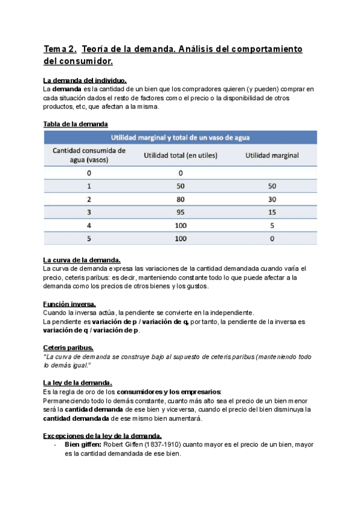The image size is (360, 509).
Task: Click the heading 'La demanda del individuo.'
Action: pyautogui.click(x=85, y=80)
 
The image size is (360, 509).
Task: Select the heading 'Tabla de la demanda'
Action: pyautogui.click(x=76, y=124)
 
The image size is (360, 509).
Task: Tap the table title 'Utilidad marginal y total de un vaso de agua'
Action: pyautogui.click(x=180, y=137)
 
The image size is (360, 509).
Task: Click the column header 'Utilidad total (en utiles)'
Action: pyautogui.click(x=180, y=155)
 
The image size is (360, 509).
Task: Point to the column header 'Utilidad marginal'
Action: pyautogui.click(x=272, y=155)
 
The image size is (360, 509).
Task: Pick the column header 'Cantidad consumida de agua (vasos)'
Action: pyautogui.click(x=88, y=155)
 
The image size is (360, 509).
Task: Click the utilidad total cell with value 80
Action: pyautogui.click(x=180, y=199)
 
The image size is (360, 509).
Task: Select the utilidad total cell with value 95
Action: pyautogui.click(x=180, y=212)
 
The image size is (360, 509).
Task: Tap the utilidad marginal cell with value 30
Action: pyautogui.click(x=272, y=199)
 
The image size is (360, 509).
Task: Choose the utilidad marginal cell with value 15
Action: pyautogui.click(x=272, y=212)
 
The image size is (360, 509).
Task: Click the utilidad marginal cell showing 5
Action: pyautogui.click(x=272, y=225)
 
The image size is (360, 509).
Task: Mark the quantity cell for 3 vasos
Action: pyautogui.click(x=89, y=212)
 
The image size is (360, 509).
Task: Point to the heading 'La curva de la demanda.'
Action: pyautogui.click(x=82, y=259)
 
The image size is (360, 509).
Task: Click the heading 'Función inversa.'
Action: pyautogui.click(x=69, y=304)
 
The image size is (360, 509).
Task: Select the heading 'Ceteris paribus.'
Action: pyautogui.click(x=68, y=348)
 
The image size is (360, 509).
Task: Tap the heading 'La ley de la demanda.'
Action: pyautogui.click(x=77, y=383)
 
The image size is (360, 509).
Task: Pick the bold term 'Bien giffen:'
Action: pyautogui.click(x=83, y=445)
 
